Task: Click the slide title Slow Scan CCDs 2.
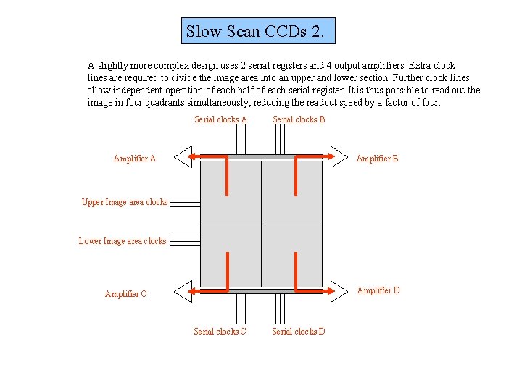259,32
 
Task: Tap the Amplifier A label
134,159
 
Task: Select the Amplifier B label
377,159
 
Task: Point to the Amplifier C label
125,294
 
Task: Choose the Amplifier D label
378,290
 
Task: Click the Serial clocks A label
220,119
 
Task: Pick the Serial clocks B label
299,119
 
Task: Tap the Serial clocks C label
220,332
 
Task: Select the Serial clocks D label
298,332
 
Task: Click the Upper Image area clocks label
124,202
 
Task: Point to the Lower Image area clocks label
122,241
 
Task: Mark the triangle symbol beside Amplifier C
183,291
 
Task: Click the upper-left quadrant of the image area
230,192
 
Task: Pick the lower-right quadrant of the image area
291,255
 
